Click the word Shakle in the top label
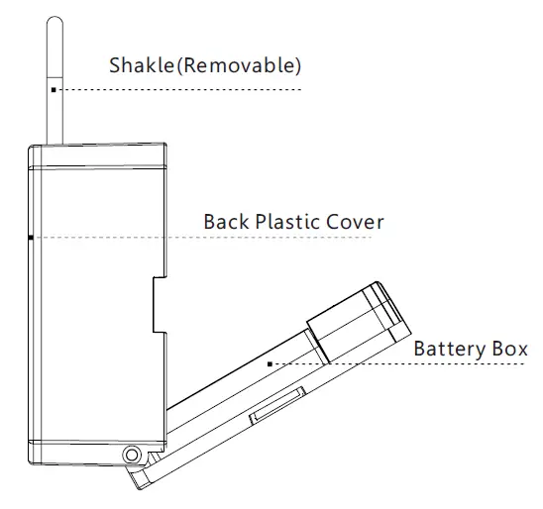(x=142, y=64)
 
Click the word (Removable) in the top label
(x=239, y=65)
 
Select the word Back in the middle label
(x=226, y=222)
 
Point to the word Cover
(x=355, y=222)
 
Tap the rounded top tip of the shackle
(x=54, y=17)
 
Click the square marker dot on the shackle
(x=54, y=90)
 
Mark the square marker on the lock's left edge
(x=31, y=238)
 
